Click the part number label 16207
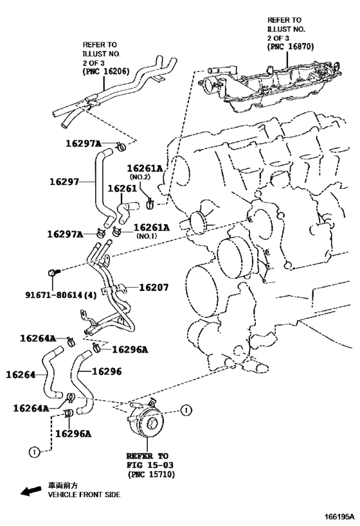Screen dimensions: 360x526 tap(154, 288)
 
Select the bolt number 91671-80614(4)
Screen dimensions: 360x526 tap(61, 295)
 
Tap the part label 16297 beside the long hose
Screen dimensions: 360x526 tap(64, 182)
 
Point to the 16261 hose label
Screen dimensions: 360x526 tap(122, 189)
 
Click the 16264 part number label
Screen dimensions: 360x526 tap(21, 374)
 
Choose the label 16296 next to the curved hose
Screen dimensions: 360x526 tap(107, 371)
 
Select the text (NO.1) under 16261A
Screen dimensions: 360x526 tap(147, 236)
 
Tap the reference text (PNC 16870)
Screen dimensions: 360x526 tap(291, 47)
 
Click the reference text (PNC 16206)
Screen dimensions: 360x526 tap(106, 71)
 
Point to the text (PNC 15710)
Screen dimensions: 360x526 tap(151, 475)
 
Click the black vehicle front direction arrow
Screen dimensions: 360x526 tap(32, 491)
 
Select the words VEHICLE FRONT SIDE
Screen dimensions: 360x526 tap(84, 495)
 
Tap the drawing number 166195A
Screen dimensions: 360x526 tap(339, 516)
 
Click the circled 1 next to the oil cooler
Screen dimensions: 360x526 tap(186, 410)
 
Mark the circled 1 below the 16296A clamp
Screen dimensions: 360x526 tap(34, 452)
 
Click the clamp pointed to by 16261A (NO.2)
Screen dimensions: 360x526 tap(150, 203)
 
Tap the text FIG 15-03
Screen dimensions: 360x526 tap(150, 465)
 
